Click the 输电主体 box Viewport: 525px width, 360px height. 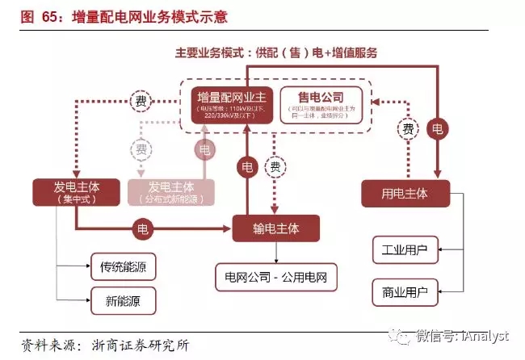tap(275, 228)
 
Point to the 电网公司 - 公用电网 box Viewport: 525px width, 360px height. tap(275, 277)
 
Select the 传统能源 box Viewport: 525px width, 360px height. tap(128, 266)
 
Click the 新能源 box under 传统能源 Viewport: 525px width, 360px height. tap(128, 301)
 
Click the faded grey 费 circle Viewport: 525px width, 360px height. tap(142, 149)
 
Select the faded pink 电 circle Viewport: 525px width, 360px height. tap(204, 149)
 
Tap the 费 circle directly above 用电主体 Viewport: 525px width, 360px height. tap(409, 129)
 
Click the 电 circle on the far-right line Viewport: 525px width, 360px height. tap(437, 128)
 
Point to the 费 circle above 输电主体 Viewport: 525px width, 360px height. tap(275, 168)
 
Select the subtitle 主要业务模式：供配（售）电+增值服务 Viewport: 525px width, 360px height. tap(277, 52)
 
